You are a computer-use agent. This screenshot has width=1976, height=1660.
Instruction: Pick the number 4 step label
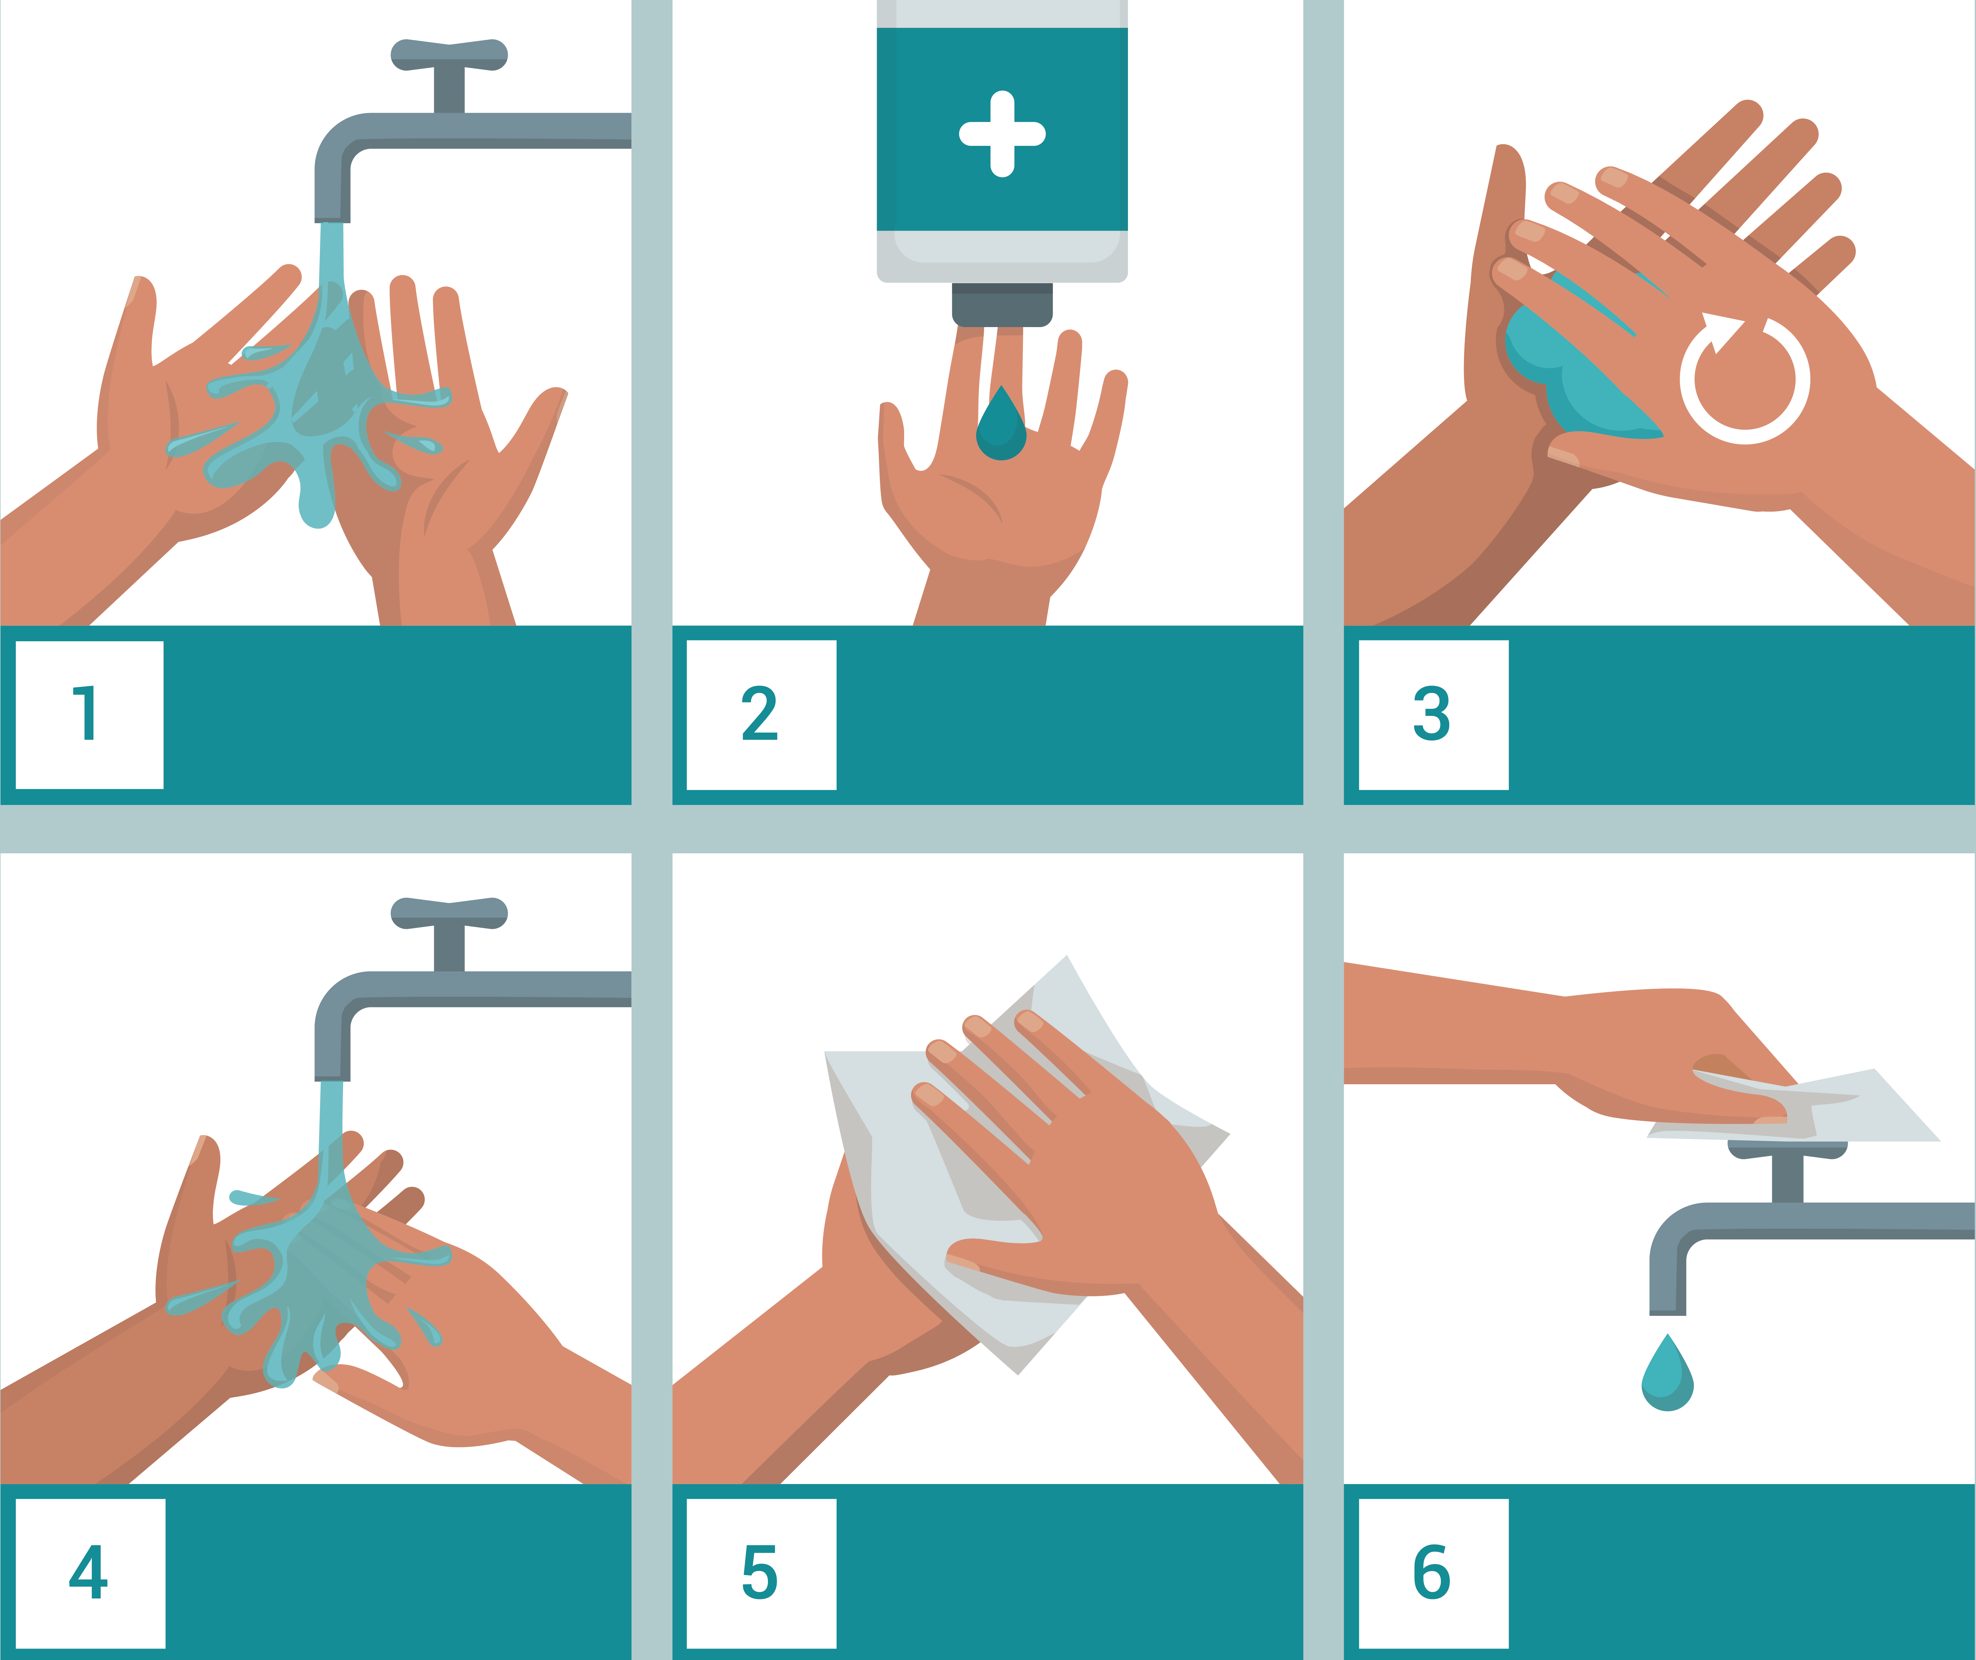(89, 1572)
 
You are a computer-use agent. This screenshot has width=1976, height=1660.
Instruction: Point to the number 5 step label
(760, 1572)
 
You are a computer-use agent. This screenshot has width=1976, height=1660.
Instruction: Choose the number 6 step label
(1432, 1572)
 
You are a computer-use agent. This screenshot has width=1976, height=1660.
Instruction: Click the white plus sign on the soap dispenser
(1002, 134)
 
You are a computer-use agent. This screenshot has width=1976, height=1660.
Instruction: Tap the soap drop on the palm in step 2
(1001, 428)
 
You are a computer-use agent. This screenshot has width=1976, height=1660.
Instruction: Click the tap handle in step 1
(449, 56)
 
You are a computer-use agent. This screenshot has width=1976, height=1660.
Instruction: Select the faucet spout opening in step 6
(1667, 1311)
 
